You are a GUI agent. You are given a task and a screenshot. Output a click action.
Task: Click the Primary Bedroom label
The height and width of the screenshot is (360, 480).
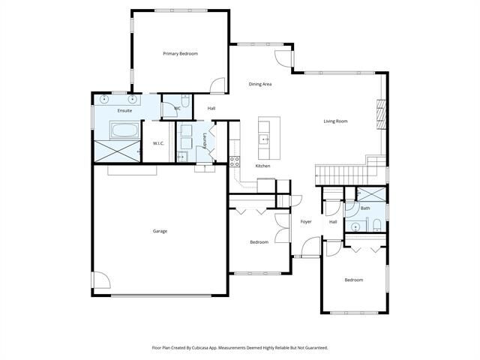tap(180, 53)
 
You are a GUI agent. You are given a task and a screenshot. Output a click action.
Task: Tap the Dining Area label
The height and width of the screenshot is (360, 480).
tap(260, 84)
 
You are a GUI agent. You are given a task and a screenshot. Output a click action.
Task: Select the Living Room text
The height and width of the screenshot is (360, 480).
tap(335, 121)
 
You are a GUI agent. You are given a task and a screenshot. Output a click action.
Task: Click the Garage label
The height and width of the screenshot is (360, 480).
tap(160, 231)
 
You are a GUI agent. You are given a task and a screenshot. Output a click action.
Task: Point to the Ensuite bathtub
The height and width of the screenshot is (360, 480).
tap(125, 130)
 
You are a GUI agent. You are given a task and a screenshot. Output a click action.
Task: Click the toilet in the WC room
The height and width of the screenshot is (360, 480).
tap(185, 100)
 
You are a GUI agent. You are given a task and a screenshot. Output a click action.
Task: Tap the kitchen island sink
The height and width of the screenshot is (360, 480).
tap(264, 139)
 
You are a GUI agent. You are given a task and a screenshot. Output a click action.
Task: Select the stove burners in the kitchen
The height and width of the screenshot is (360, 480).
tap(235, 162)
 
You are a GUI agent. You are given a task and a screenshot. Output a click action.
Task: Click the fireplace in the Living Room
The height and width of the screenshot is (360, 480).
tap(382, 115)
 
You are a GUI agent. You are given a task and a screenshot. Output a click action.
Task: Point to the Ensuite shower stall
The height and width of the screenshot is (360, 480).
tap(117, 151)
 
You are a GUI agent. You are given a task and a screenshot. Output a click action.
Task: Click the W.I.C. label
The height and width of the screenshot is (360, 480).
tap(158, 143)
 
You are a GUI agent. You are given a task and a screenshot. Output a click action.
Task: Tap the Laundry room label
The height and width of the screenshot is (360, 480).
tap(205, 141)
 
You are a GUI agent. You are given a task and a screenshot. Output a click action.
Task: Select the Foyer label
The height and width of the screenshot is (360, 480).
tap(306, 222)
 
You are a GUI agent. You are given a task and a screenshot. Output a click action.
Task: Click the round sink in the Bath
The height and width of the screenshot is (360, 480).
tap(355, 226)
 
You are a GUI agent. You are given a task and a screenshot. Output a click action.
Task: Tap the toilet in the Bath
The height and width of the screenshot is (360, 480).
tap(376, 225)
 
